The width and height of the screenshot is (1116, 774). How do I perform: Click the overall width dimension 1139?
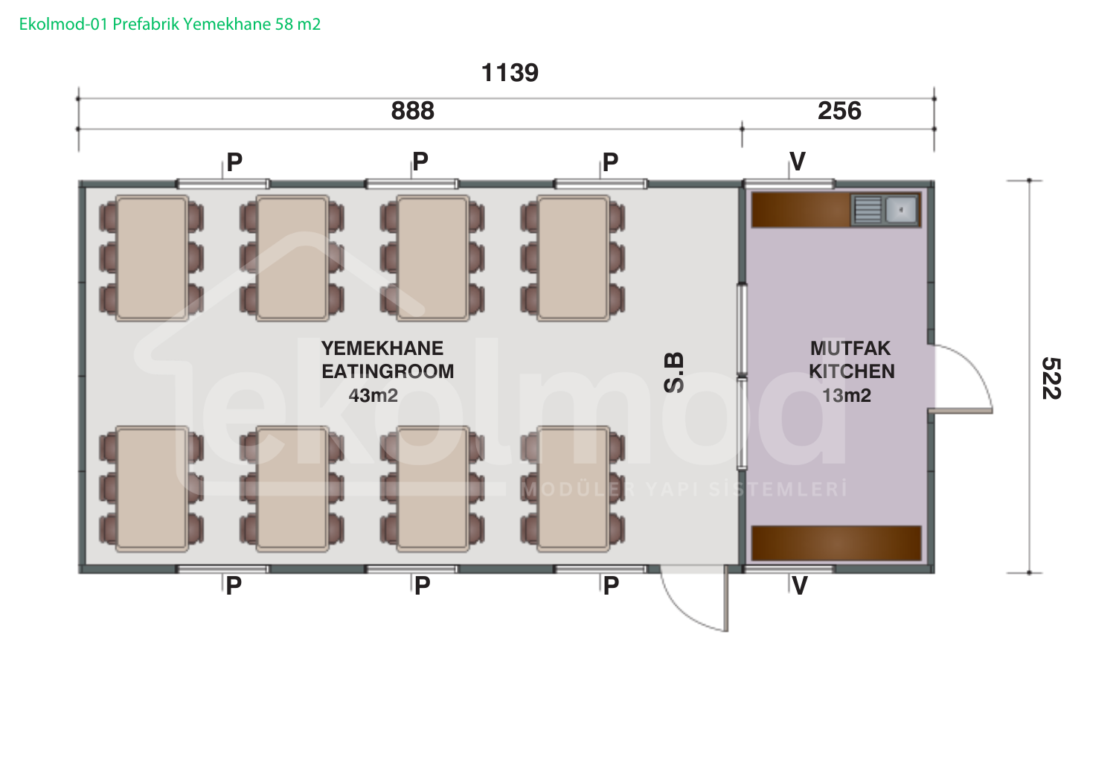[510, 73]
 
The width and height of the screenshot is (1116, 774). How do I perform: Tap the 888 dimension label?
[412, 111]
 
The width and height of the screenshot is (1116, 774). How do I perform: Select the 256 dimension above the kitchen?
[839, 111]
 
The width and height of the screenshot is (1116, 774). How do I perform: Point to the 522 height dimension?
[1051, 378]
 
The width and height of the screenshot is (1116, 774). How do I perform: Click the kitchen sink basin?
[901, 210]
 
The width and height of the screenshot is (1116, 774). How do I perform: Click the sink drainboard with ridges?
[868, 210]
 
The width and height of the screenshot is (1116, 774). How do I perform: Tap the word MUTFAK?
[850, 348]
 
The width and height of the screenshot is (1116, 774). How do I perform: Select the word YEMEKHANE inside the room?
[382, 348]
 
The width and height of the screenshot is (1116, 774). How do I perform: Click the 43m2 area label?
[373, 396]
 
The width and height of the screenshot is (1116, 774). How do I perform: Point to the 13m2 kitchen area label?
[847, 396]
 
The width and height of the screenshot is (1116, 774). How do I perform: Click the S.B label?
[674, 373]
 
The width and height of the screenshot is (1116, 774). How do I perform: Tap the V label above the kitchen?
[798, 161]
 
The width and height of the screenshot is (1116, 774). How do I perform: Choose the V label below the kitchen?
[799, 586]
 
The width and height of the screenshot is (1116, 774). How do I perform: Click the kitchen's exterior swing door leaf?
[960, 411]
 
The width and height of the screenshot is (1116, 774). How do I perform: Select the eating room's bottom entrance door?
[726, 598]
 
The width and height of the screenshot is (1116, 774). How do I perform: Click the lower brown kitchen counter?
[836, 543]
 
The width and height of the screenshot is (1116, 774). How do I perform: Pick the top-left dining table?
[152, 258]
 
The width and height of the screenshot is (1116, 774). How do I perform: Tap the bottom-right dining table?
[573, 489]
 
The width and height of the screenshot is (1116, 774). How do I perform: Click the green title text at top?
[170, 24]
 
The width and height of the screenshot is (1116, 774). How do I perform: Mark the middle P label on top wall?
[420, 161]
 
